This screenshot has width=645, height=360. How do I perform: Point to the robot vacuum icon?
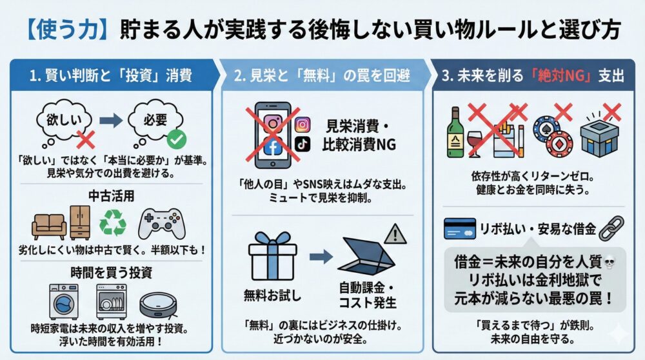pos(157,301)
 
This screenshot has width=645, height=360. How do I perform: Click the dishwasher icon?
pos(111,301)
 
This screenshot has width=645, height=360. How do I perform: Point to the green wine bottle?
pos(455,134)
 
